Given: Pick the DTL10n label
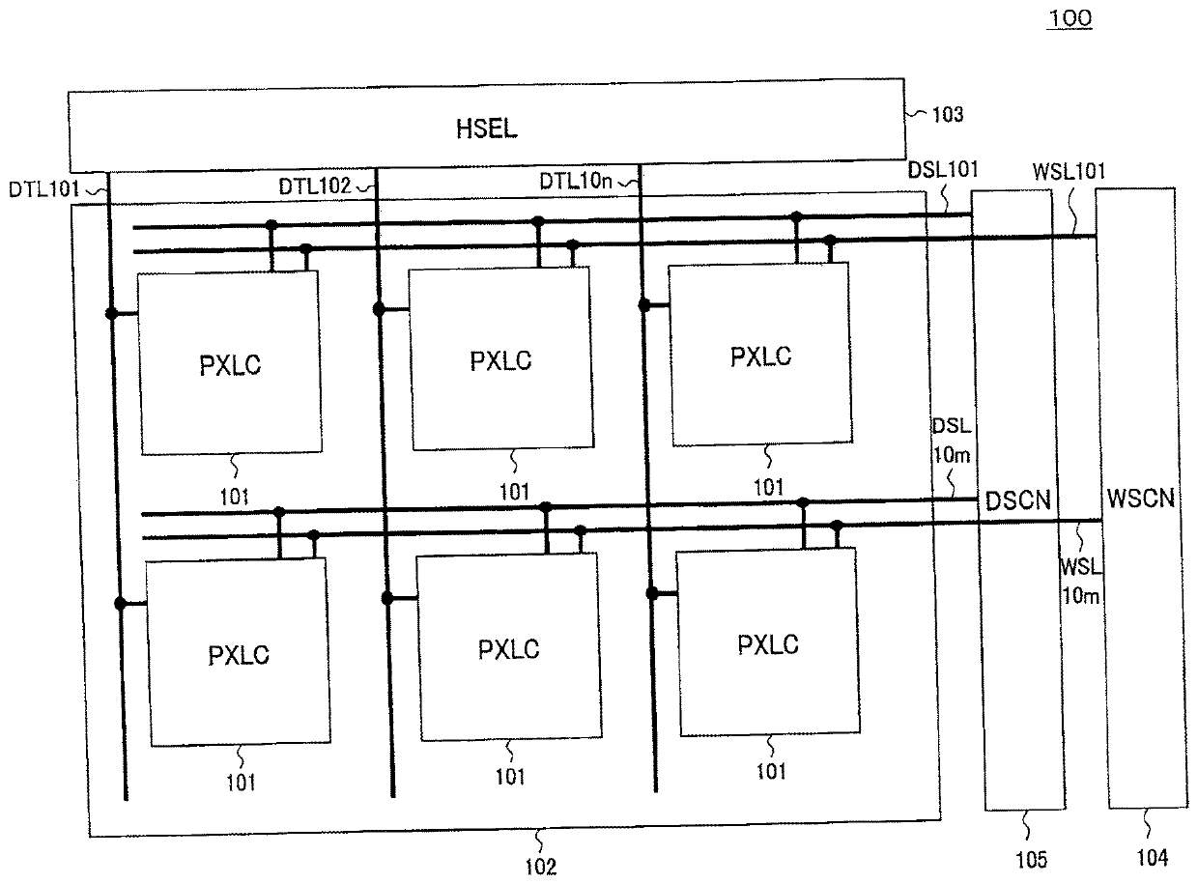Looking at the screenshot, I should tap(573, 181).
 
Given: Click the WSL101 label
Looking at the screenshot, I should tap(1069, 172).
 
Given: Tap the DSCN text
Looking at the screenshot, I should tap(1016, 500).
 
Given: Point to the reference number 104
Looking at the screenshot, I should tap(1151, 856).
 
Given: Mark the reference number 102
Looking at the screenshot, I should tap(540, 867).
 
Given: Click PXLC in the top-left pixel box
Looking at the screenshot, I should tap(229, 366).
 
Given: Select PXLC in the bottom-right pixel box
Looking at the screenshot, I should tap(768, 644).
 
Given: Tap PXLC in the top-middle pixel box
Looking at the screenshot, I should tap(500, 362).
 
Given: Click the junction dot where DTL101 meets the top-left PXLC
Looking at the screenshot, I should tap(112, 313).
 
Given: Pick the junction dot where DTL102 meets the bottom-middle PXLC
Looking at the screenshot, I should tap(386, 598).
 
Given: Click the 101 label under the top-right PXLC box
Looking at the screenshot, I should tap(769, 487).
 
